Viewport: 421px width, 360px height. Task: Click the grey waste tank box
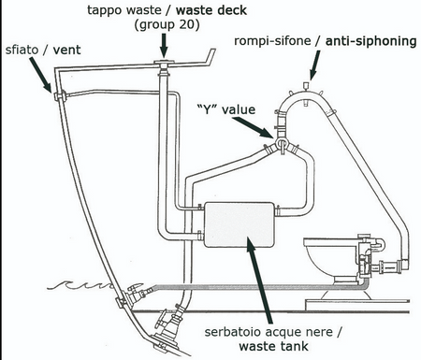240,224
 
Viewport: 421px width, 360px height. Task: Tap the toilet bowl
330,260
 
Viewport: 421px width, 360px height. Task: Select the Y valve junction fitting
282,144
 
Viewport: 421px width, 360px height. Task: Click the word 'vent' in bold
66,50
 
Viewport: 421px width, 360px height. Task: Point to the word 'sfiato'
22,50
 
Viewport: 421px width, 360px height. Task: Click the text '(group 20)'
167,25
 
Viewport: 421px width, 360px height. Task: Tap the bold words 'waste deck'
211,10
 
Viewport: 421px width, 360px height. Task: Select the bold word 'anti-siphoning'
371,41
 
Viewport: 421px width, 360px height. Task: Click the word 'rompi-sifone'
272,41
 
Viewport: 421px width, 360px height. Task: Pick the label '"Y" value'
226,109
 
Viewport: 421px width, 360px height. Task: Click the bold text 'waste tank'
273,346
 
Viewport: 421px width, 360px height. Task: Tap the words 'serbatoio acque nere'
269,332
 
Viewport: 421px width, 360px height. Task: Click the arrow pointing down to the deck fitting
165,46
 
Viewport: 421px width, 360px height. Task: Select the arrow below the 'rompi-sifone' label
314,65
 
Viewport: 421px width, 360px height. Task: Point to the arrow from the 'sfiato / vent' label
40,75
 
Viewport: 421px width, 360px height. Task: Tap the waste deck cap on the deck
164,64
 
